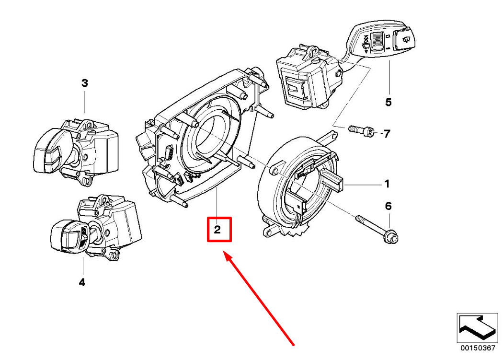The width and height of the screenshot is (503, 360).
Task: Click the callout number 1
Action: [387, 184]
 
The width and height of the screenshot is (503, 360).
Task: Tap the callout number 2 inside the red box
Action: [217, 230]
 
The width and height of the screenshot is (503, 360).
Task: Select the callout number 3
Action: [85, 83]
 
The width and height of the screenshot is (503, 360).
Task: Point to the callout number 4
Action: [82, 283]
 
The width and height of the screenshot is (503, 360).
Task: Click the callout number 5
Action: [389, 102]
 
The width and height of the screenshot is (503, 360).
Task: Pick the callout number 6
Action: [389, 206]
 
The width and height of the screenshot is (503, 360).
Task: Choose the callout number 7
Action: [387, 134]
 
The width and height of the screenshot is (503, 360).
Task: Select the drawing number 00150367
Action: [478, 348]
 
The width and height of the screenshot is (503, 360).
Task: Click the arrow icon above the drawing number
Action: [478, 328]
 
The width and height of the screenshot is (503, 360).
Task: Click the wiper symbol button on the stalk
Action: [405, 40]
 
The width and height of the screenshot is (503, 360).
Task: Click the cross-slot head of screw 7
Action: [370, 132]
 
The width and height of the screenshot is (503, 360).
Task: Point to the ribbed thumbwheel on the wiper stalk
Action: [377, 42]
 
